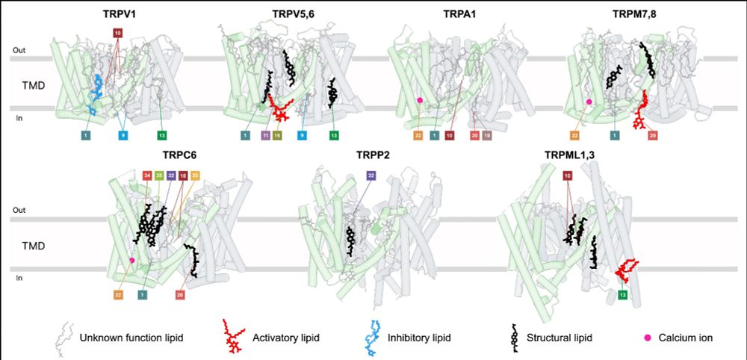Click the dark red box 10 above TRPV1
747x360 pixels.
point(117,33)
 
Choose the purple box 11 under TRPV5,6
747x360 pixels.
point(265,135)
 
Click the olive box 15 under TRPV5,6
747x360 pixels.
point(277,135)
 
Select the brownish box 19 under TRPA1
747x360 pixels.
point(486,135)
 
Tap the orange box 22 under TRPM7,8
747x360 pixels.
point(575,135)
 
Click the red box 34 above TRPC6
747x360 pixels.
point(147,176)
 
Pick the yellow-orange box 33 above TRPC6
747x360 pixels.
point(195,176)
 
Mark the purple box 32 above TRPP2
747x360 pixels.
point(371,176)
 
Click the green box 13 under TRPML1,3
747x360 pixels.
point(622,296)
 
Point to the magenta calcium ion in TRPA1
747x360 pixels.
point(420,100)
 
